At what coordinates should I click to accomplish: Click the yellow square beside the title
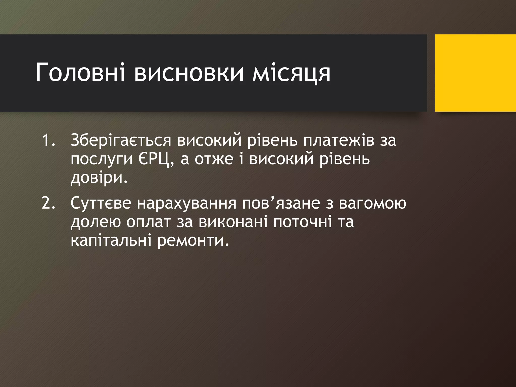click(475, 73)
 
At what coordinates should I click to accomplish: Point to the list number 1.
click(48, 140)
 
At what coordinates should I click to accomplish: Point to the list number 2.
click(48, 203)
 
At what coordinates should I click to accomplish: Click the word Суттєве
click(101, 203)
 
